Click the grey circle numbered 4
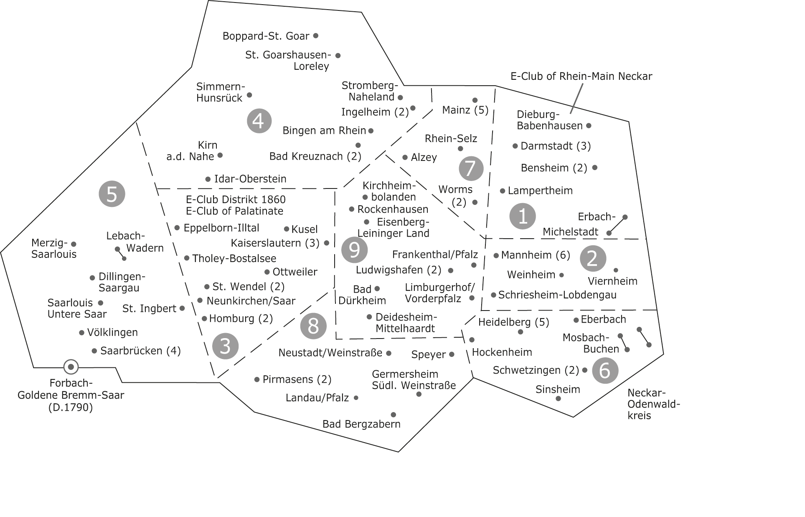[x=259, y=121]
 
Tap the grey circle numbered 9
[x=354, y=250]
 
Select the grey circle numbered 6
[x=605, y=370]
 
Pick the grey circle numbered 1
[x=523, y=216]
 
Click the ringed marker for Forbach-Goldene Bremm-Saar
[x=71, y=367]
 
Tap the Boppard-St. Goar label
[x=266, y=36]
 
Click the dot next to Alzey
[x=405, y=157]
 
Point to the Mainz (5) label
[x=465, y=110]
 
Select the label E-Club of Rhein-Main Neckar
[x=581, y=76]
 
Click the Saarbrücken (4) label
[x=140, y=351]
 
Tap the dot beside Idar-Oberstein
[x=208, y=179]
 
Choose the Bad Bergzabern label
[x=361, y=424]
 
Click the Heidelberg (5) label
[x=513, y=322]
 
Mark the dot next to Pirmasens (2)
[x=257, y=379]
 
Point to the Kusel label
[x=305, y=229]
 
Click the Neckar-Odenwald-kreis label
[x=654, y=404]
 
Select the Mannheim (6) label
[x=536, y=255]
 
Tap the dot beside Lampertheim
[x=503, y=191]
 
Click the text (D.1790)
[x=71, y=407]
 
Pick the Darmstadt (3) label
[x=556, y=146]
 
